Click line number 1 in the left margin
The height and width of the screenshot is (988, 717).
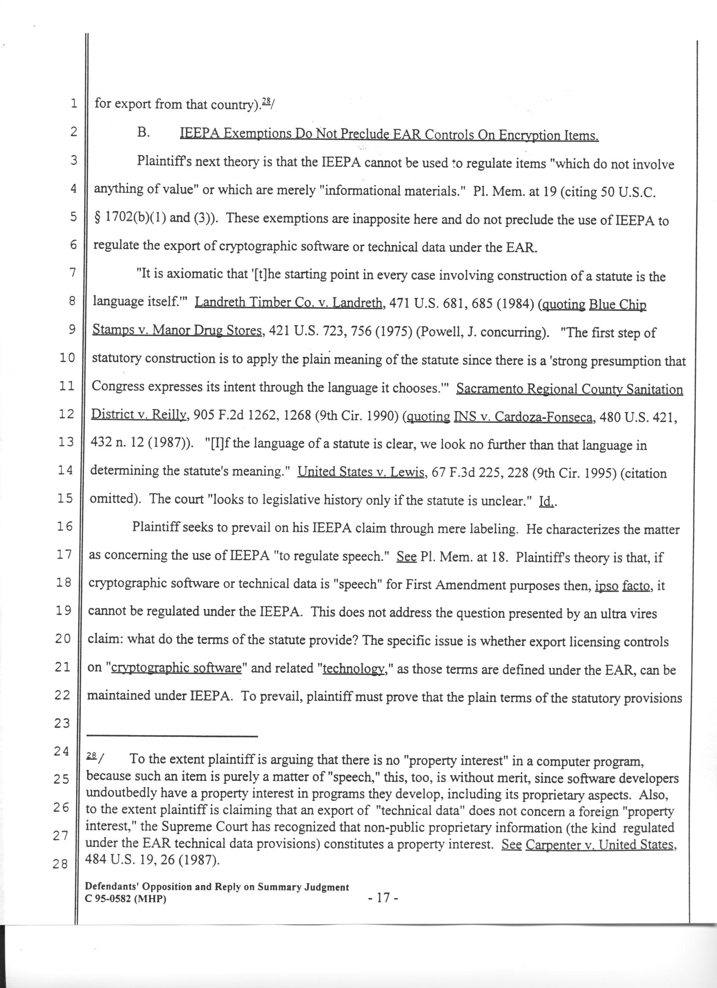(73, 103)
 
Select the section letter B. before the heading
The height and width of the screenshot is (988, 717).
(143, 133)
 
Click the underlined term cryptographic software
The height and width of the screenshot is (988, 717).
(176, 668)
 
